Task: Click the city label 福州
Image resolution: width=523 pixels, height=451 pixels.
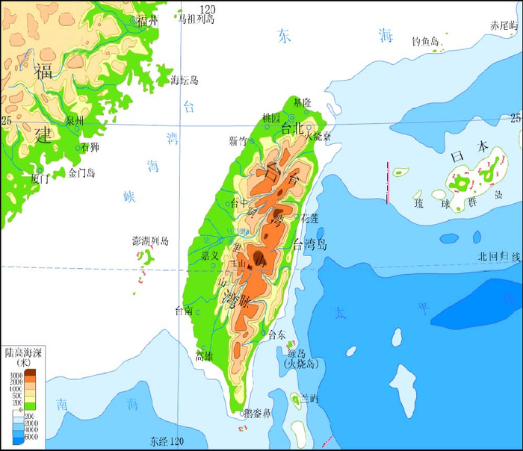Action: point(148,21)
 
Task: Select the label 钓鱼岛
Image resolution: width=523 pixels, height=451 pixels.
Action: point(425,41)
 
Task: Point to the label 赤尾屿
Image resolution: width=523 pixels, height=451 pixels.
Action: point(502,25)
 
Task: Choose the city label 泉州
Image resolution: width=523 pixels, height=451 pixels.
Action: point(75,120)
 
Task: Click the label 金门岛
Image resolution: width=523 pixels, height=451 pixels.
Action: point(82,173)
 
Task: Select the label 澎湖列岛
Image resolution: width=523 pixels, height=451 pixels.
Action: point(150,241)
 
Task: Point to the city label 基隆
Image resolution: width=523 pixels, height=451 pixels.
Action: point(303,102)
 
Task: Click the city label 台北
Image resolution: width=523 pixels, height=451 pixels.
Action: point(294,128)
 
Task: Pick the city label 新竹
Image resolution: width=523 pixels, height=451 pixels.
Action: point(238,141)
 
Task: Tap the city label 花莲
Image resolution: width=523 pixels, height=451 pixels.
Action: point(309,218)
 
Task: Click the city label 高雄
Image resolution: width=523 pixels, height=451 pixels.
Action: point(205,355)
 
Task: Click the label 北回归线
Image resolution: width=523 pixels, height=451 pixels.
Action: point(498,257)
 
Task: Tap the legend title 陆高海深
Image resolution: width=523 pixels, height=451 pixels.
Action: point(23,351)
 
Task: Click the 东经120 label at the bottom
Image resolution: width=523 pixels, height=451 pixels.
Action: point(166,441)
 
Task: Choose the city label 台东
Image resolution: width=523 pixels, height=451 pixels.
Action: point(277,335)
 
